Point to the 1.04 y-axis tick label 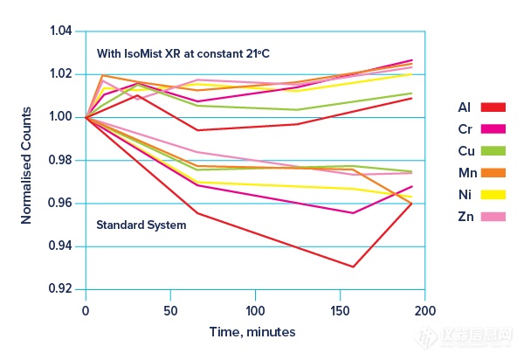point(61,31)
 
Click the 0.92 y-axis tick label point(61,289)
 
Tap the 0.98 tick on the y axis point(61,160)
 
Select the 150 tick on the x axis point(340,310)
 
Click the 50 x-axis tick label point(171,310)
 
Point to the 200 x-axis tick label point(424,310)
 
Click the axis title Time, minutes point(252,332)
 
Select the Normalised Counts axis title point(27,161)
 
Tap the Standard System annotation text point(141,225)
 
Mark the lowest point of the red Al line point(354,267)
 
